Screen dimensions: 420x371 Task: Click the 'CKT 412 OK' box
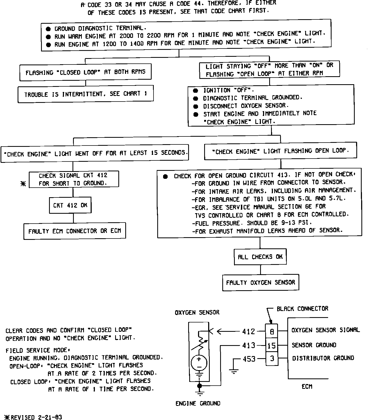coord(70,205)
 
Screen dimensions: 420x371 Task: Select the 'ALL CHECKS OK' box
coord(260,257)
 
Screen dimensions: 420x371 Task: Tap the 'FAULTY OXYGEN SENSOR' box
coord(260,282)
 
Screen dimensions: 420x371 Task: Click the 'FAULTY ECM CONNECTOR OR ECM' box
coord(75,231)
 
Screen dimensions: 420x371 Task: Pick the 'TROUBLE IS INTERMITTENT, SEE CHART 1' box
coord(86,94)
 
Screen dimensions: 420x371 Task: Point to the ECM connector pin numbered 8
coord(272,332)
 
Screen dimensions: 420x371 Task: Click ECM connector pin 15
coord(272,346)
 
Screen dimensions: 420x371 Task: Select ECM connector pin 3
coord(272,358)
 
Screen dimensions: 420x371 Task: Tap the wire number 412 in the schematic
coord(248,332)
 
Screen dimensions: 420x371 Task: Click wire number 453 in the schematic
coord(249,359)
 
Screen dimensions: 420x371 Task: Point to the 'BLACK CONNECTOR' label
coord(302,309)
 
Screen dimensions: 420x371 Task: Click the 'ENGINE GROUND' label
coord(198,403)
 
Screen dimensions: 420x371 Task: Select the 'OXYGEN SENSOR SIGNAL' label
coord(325,330)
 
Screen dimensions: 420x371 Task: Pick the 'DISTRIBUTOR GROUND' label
coord(323,358)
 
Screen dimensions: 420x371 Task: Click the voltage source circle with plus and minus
coord(199,363)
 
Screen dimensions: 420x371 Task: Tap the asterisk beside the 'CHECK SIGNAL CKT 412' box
coord(23,184)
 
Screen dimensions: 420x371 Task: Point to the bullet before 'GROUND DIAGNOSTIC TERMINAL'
coord(48,29)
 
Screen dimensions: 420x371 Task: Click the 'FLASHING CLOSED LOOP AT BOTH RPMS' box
coord(86,72)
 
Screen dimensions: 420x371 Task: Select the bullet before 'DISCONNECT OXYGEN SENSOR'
coord(196,106)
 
